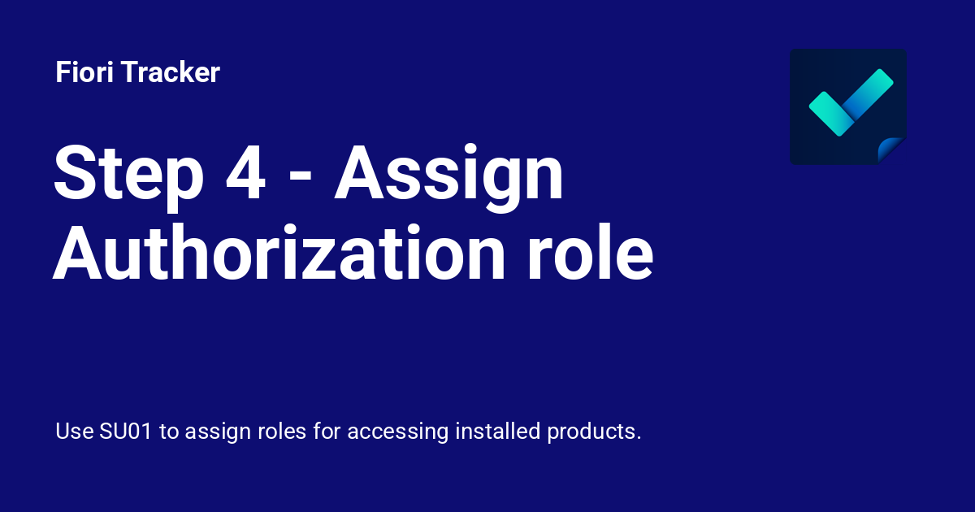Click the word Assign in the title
coord(449,173)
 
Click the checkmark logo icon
coord(847,106)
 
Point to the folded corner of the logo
coord(892,150)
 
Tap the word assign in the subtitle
coord(215,431)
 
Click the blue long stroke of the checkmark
coord(868,93)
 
